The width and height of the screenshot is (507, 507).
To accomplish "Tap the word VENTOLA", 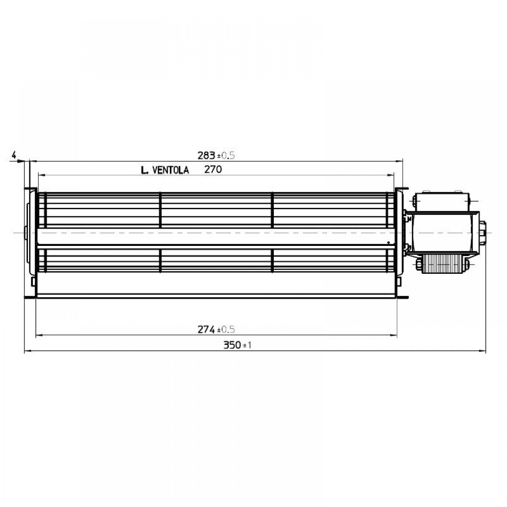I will tap(171, 170).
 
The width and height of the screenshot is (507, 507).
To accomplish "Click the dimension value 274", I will tap(206, 330).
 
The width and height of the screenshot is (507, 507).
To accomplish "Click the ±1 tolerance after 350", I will tap(248, 346).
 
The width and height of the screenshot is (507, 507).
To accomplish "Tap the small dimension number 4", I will tap(14, 154).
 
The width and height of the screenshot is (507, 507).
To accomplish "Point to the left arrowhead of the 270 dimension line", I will tap(41, 174).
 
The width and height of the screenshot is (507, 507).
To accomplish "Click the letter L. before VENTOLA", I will tap(144, 171).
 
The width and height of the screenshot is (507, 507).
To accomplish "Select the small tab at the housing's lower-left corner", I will tap(34, 280).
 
